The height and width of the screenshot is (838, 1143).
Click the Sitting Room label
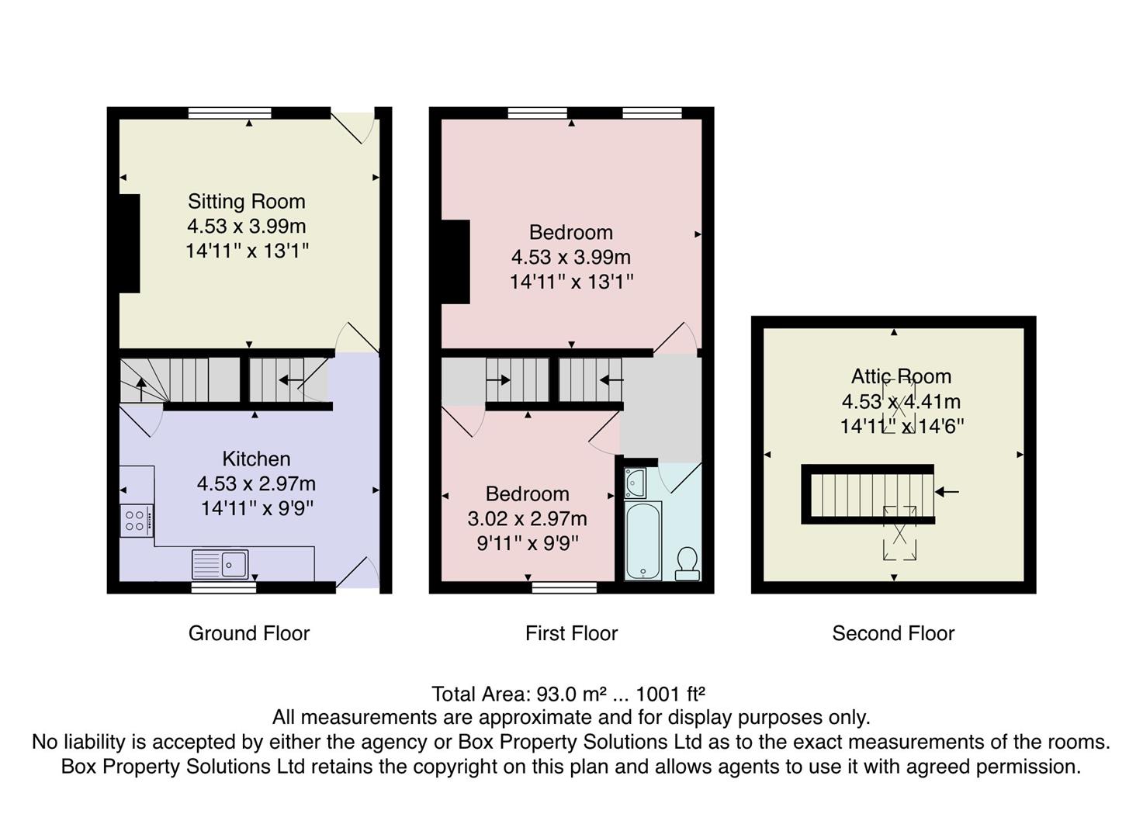pos(246,202)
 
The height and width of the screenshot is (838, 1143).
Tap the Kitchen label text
pos(256,459)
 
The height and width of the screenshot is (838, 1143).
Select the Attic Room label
pos(901,376)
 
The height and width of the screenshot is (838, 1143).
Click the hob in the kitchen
pos(135,520)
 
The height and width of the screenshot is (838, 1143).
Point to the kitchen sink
pos(221,564)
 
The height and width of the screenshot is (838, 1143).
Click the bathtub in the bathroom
pos(643,541)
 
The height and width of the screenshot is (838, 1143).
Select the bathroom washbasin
pos(635,483)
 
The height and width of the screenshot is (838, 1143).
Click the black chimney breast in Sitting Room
pos(130,243)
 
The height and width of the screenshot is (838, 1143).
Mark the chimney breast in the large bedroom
pos(455,261)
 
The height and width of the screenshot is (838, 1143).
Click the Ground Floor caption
pos(249,633)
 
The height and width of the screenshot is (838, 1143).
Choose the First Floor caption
pos(571,633)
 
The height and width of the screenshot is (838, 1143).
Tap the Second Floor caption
pos(893,633)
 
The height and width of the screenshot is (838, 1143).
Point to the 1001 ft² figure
pos(670,693)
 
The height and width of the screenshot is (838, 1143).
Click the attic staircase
pos(868,494)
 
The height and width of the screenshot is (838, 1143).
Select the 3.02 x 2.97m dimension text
pos(527,518)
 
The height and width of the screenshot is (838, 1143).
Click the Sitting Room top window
pos(230,113)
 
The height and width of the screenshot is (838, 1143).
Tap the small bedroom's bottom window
pos(564,587)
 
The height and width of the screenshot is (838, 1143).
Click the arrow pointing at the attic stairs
pos(947,492)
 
